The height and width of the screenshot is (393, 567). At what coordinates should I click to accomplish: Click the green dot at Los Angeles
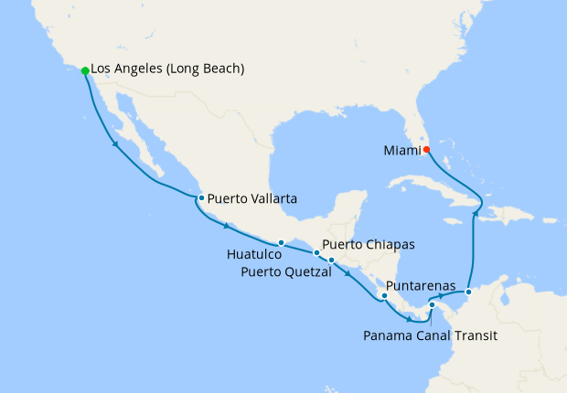click(x=85, y=70)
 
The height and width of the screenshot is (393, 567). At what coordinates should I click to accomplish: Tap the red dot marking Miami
click(x=426, y=149)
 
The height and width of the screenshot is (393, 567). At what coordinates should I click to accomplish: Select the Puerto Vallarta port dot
click(x=201, y=197)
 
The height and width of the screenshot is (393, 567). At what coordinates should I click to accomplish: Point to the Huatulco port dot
click(x=282, y=242)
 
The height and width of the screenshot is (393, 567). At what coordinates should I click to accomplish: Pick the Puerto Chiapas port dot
click(x=316, y=253)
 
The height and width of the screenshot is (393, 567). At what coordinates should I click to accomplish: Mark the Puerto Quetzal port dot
click(x=331, y=262)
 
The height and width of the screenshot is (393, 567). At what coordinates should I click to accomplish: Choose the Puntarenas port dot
click(x=385, y=295)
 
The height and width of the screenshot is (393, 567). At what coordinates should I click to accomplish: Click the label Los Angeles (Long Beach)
click(x=168, y=69)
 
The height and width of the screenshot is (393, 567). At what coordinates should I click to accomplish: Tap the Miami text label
click(x=399, y=149)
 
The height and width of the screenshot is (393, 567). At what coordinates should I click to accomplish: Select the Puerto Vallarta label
click(x=251, y=197)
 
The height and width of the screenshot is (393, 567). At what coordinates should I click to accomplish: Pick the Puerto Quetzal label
click(x=286, y=271)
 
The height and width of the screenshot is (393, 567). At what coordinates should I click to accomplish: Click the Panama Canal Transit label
click(x=430, y=336)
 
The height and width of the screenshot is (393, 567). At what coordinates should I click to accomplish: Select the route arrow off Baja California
click(x=115, y=144)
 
